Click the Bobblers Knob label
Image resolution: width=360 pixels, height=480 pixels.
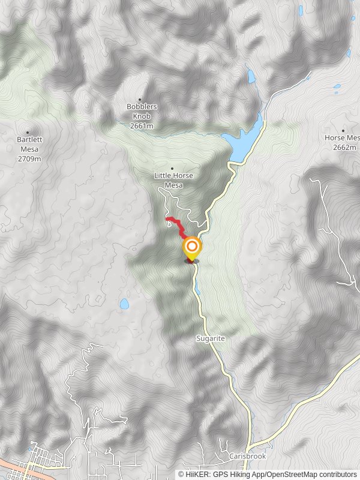tap(142, 111)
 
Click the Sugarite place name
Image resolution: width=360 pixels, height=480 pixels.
tap(209, 338)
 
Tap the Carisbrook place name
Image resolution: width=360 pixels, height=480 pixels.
tap(247, 456)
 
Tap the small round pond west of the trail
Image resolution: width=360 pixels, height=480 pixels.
tap(124, 304)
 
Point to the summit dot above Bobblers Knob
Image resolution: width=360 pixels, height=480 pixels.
tap(140, 100)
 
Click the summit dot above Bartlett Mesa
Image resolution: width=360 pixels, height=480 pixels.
tap(28, 133)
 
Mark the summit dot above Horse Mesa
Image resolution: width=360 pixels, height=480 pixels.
tap(343, 130)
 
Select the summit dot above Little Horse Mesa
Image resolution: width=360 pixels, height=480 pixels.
tap(172, 169)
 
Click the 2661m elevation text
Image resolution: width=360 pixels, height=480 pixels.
tap(142, 126)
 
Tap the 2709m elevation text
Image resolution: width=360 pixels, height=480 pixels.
tap(29, 159)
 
